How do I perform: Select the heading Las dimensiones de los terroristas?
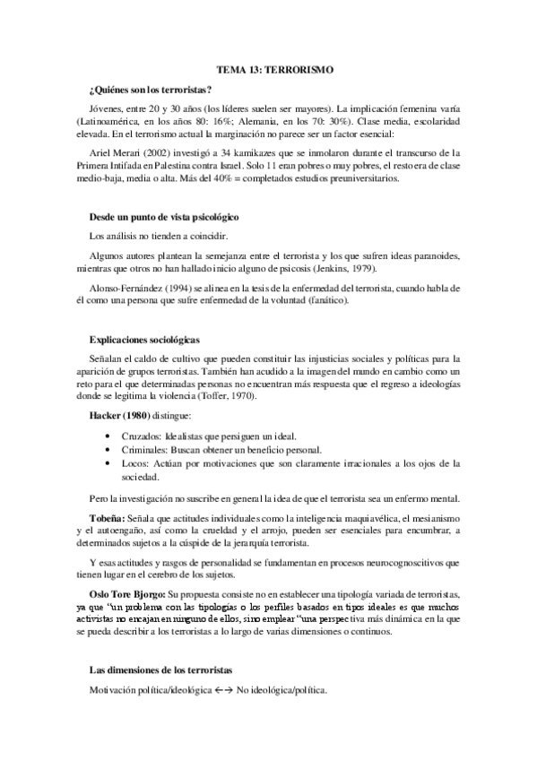[x=162, y=670]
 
